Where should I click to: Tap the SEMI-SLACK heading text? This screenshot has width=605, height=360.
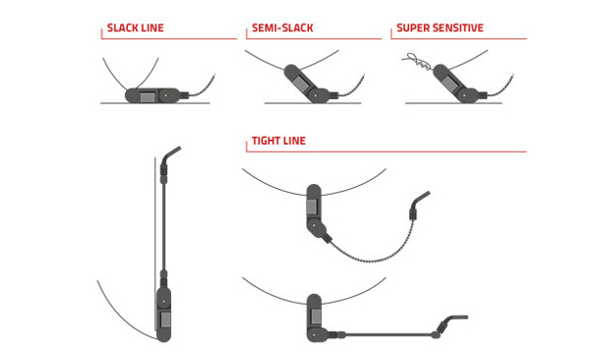click(281, 29)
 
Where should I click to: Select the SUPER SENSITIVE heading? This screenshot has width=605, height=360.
click(439, 29)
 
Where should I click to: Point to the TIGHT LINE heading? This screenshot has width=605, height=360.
click(278, 141)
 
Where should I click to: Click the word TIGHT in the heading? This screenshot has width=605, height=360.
click(264, 141)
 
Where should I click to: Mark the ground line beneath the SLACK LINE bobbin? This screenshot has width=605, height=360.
click(128, 103)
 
